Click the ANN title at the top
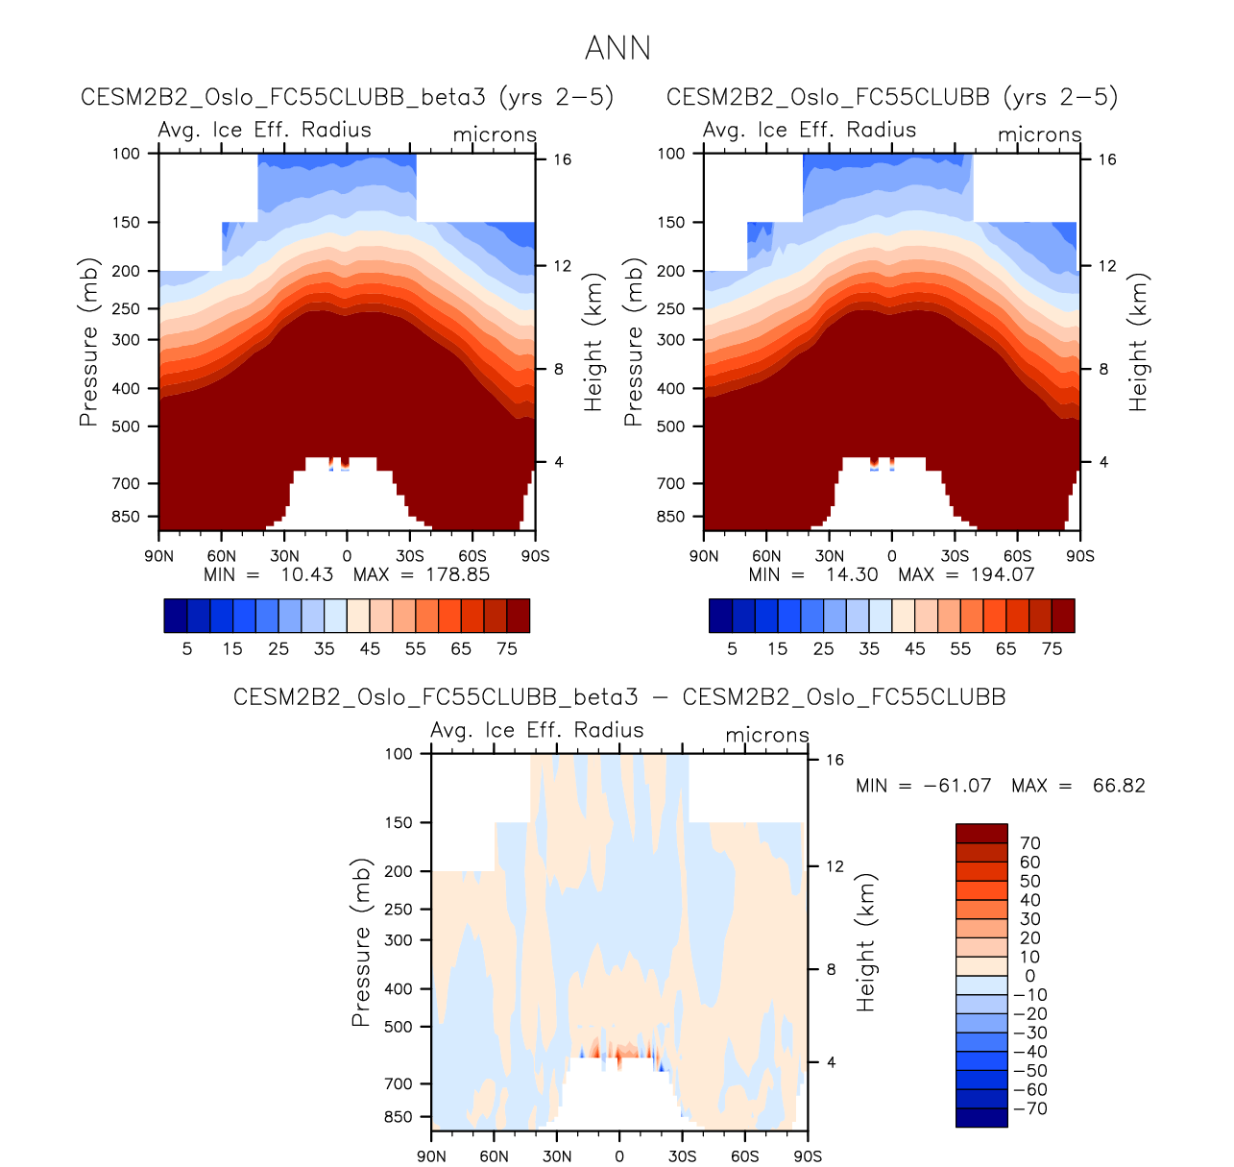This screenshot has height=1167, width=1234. click(617, 48)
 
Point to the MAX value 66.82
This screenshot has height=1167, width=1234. click(1119, 786)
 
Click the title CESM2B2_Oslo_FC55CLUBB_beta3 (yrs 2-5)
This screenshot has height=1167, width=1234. click(347, 97)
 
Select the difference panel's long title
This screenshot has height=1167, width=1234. click(619, 697)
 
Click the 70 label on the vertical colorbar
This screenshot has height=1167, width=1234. click(1030, 843)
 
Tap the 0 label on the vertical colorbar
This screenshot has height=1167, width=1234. click(1030, 976)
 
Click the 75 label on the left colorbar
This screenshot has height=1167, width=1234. click(507, 649)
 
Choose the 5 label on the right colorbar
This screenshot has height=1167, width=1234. click(732, 649)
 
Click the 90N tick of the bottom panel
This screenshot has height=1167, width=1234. click(431, 1156)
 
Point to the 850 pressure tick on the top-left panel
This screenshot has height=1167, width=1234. click(126, 517)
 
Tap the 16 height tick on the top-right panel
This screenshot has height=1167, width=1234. click(1107, 159)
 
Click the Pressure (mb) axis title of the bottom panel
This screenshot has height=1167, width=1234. click(361, 943)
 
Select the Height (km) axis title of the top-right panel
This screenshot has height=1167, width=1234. click(1139, 343)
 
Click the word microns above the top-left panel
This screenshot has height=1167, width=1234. click(495, 135)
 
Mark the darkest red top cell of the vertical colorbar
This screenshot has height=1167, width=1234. click(981, 834)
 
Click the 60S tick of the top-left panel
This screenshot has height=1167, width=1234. click(472, 556)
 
